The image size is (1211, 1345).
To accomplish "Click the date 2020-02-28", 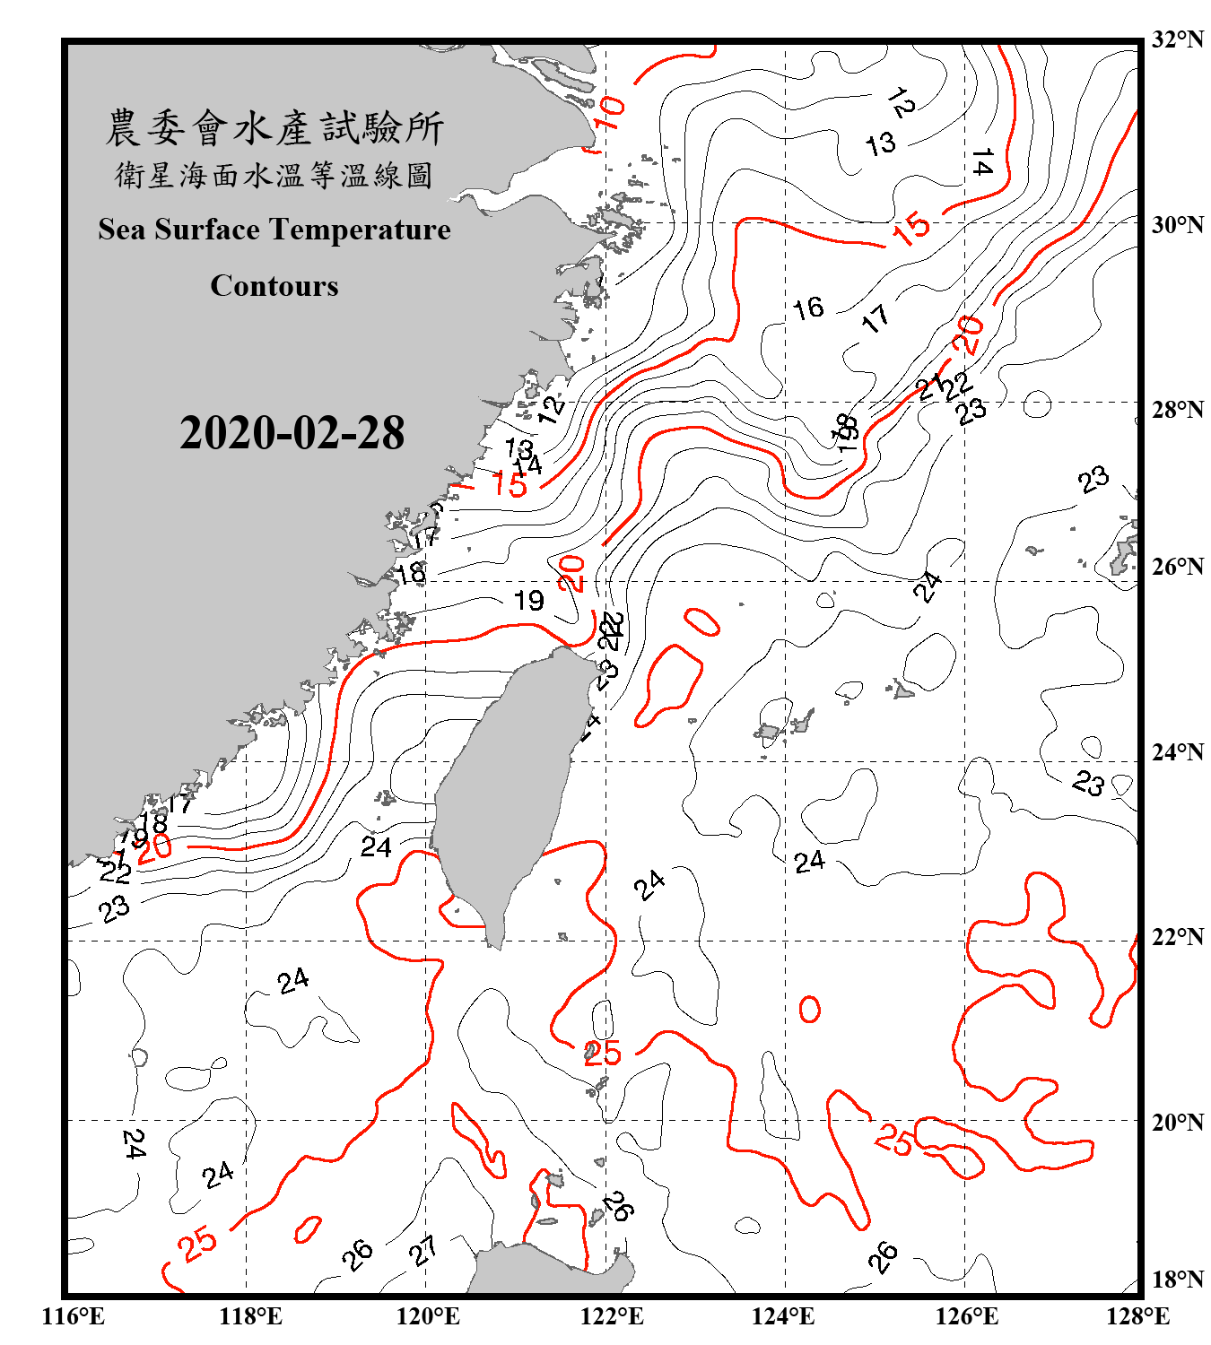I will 292,432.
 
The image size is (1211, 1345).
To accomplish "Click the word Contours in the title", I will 274,285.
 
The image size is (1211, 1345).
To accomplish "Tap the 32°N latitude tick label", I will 1178,39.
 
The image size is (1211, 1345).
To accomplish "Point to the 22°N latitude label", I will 1178,937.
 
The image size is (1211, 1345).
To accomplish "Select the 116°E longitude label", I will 74,1316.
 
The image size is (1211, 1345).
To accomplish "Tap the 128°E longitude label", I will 1137,1316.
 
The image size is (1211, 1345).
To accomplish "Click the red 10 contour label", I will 609,113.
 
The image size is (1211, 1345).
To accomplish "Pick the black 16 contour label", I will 807,308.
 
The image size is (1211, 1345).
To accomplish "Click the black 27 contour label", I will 423,1250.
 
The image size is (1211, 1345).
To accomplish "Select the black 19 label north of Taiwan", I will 529,600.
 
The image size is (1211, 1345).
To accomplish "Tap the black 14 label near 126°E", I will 982,163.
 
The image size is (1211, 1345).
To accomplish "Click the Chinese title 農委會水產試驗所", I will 274,127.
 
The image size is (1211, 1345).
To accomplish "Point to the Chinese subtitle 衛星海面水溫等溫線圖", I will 274,175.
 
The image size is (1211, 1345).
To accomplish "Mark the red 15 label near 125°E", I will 911,228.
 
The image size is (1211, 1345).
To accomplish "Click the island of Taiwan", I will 507,789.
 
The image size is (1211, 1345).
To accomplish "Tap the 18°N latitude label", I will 1178,1280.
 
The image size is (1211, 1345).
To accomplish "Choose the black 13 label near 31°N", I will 880,143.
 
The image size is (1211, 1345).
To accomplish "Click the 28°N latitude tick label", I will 1178,410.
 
